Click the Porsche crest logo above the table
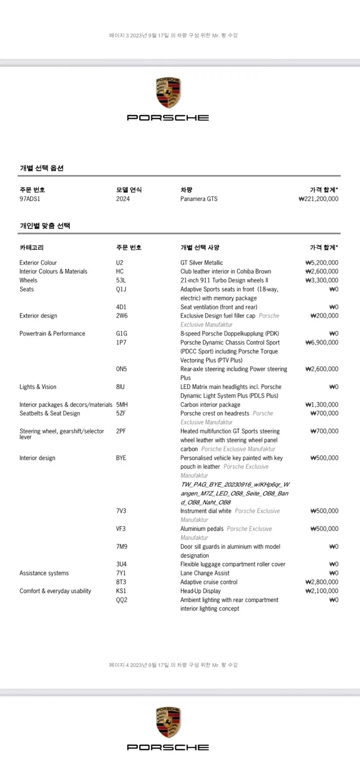click(x=168, y=93)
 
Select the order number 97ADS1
click(x=30, y=199)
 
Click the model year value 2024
click(x=123, y=199)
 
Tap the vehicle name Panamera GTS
click(x=199, y=199)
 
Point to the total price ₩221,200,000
click(x=318, y=199)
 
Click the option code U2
click(x=120, y=263)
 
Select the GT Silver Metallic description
click(x=201, y=263)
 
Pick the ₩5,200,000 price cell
click(x=322, y=263)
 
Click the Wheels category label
click(x=28, y=281)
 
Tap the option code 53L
click(x=121, y=281)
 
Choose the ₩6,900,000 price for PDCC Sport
click(x=322, y=343)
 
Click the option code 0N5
click(x=121, y=369)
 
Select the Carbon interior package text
click(x=210, y=405)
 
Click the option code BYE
click(x=121, y=458)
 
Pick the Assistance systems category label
click(x=44, y=574)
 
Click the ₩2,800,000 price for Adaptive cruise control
click(x=322, y=582)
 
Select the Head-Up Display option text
click(x=200, y=591)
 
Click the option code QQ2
click(x=122, y=600)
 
